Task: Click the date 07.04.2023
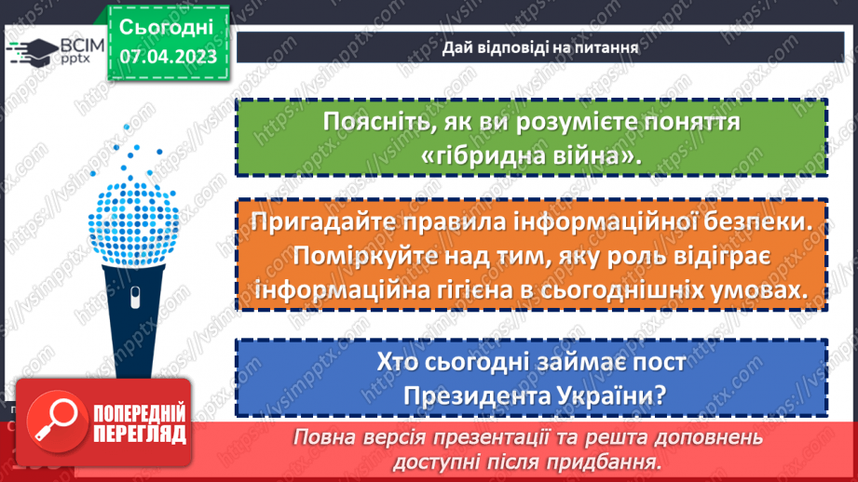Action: (x=168, y=57)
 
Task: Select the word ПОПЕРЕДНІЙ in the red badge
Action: (x=138, y=413)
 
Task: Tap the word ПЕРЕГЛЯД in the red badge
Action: (x=138, y=434)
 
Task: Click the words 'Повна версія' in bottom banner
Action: (x=350, y=437)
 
